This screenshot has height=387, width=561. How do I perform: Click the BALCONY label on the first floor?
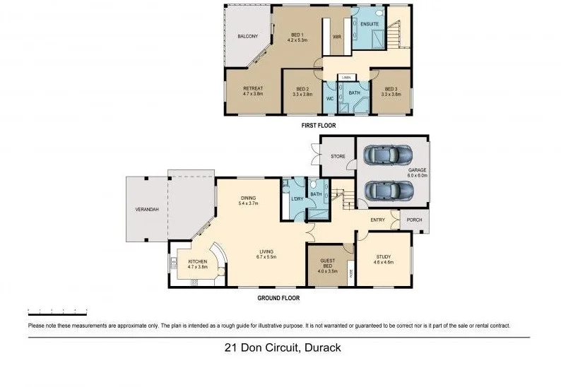pyautogui.click(x=247, y=36)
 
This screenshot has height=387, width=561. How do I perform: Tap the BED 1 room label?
pyautogui.click(x=297, y=35)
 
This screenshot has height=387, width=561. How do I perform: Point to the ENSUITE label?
pyautogui.click(x=369, y=25)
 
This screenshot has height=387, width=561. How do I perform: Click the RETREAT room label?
pyautogui.click(x=252, y=89)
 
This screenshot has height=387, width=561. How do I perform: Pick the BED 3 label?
pyautogui.click(x=391, y=89)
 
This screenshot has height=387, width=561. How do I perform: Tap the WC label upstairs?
pyautogui.click(x=329, y=98)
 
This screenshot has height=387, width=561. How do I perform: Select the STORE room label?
pyautogui.click(x=338, y=155)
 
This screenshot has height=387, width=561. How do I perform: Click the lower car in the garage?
pyautogui.click(x=388, y=191)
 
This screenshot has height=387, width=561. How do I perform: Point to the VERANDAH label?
pyautogui.click(x=146, y=210)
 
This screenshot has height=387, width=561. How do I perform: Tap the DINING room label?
pyautogui.click(x=248, y=198)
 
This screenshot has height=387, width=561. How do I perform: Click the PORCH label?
pyautogui.click(x=414, y=220)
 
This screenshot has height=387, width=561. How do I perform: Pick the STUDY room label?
pyautogui.click(x=382, y=258)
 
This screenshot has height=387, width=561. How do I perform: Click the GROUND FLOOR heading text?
pyautogui.click(x=278, y=298)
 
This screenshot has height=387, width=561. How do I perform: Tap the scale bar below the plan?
pyautogui.click(x=57, y=311)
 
